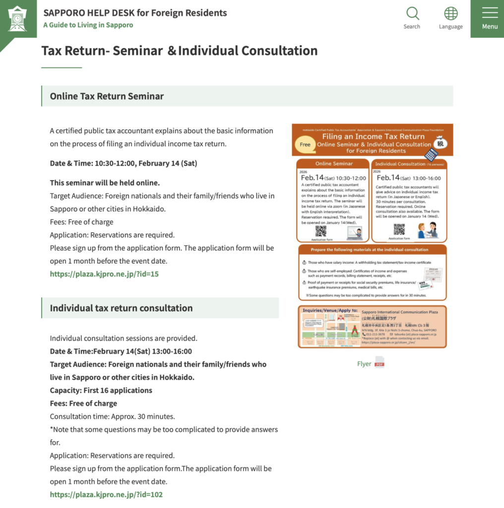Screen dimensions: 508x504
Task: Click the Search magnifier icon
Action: tap(412, 14)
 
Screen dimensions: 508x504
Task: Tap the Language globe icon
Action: tap(450, 14)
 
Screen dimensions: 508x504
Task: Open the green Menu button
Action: tap(489, 18)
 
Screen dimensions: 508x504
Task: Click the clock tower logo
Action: tap(18, 19)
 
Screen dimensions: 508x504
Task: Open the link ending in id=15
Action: tap(104, 274)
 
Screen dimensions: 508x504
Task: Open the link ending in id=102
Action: tap(106, 494)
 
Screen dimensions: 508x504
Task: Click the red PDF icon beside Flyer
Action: tap(379, 363)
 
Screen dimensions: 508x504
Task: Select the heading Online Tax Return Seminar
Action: tap(107, 96)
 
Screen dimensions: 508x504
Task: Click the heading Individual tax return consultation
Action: tap(121, 308)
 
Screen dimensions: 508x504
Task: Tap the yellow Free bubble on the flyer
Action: tap(305, 145)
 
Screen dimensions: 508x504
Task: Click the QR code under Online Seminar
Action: tap(321, 231)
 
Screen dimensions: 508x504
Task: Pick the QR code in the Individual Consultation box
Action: tap(399, 229)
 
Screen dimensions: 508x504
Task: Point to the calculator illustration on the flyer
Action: tap(431, 154)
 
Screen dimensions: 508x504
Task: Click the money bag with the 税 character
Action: tap(441, 142)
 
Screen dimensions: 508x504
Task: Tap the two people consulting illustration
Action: tap(427, 230)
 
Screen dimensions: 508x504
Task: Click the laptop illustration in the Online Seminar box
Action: tap(355, 232)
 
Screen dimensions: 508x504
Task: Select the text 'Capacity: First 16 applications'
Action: tap(101, 390)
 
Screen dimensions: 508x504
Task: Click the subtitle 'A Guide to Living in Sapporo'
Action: tap(88, 25)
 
